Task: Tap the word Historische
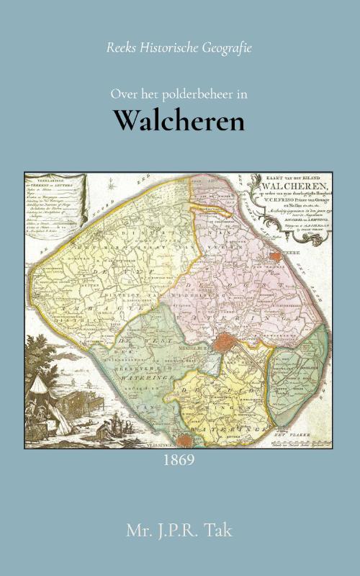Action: (169, 48)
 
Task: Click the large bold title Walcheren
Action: (180, 121)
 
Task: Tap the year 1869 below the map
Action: (179, 459)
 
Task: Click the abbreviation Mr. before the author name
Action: (138, 534)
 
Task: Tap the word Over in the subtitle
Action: (122, 94)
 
